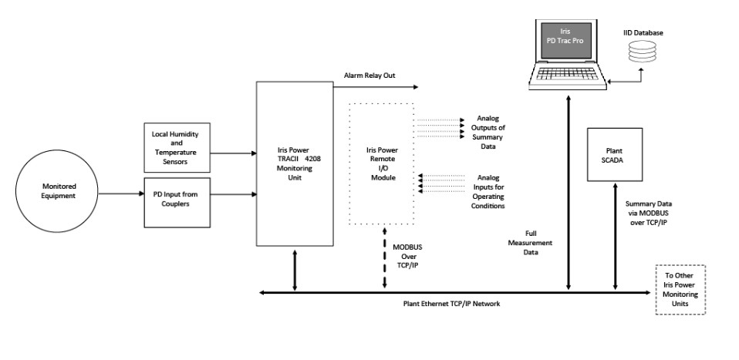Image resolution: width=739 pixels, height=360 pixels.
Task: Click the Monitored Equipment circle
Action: pyautogui.click(x=59, y=191)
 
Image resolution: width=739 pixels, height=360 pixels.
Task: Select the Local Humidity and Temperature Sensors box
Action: pyautogui.click(x=177, y=146)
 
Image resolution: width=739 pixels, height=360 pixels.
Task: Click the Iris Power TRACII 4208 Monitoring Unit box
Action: pyautogui.click(x=294, y=163)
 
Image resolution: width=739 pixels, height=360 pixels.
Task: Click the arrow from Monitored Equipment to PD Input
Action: pyautogui.click(x=123, y=193)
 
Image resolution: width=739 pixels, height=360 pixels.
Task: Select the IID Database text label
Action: pyautogui.click(x=643, y=32)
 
